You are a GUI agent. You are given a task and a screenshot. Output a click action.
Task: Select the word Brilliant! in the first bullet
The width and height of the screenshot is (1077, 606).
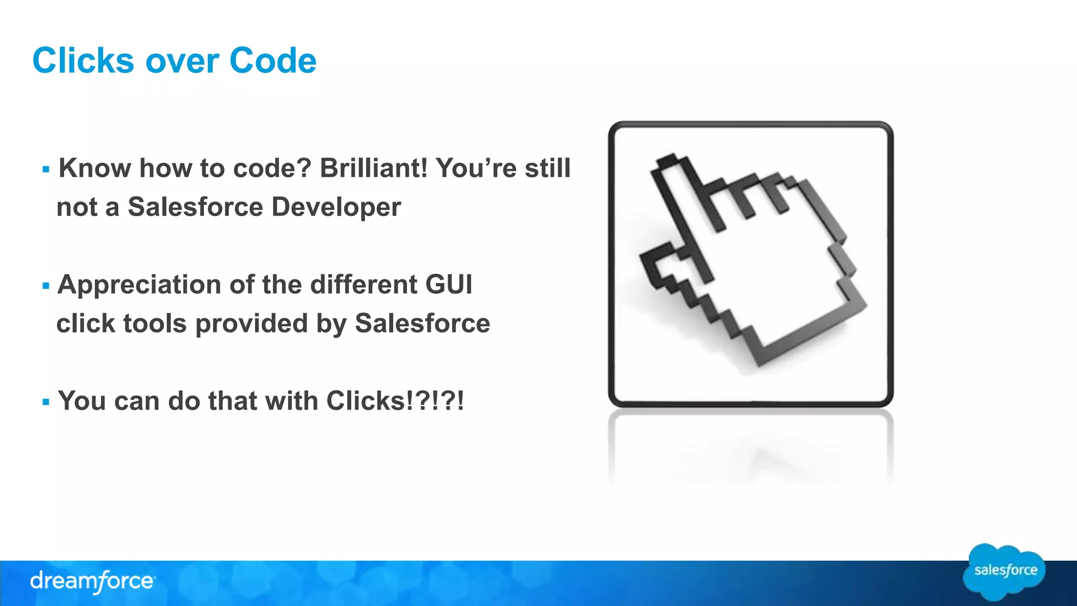[374, 168]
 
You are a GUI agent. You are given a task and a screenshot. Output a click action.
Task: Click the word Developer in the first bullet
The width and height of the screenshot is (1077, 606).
[336, 207]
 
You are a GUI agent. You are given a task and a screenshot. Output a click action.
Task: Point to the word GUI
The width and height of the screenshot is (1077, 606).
[449, 285]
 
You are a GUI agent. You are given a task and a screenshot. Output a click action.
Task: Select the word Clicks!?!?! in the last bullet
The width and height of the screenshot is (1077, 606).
[395, 401]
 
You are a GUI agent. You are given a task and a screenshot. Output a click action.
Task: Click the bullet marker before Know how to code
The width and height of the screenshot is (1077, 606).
[46, 170]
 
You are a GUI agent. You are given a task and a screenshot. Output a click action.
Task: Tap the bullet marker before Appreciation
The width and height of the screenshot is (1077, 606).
[46, 286]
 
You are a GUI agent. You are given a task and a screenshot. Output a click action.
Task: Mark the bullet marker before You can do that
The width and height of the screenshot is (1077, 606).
[46, 402]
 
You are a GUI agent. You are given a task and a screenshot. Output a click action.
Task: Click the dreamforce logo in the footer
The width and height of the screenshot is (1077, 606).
[92, 581]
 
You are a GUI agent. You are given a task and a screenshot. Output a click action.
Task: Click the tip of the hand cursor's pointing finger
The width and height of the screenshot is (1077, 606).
[666, 163]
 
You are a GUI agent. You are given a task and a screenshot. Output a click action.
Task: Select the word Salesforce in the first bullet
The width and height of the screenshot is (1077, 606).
[195, 207]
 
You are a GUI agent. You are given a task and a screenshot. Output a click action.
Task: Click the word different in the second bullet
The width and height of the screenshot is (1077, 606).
[363, 285]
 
